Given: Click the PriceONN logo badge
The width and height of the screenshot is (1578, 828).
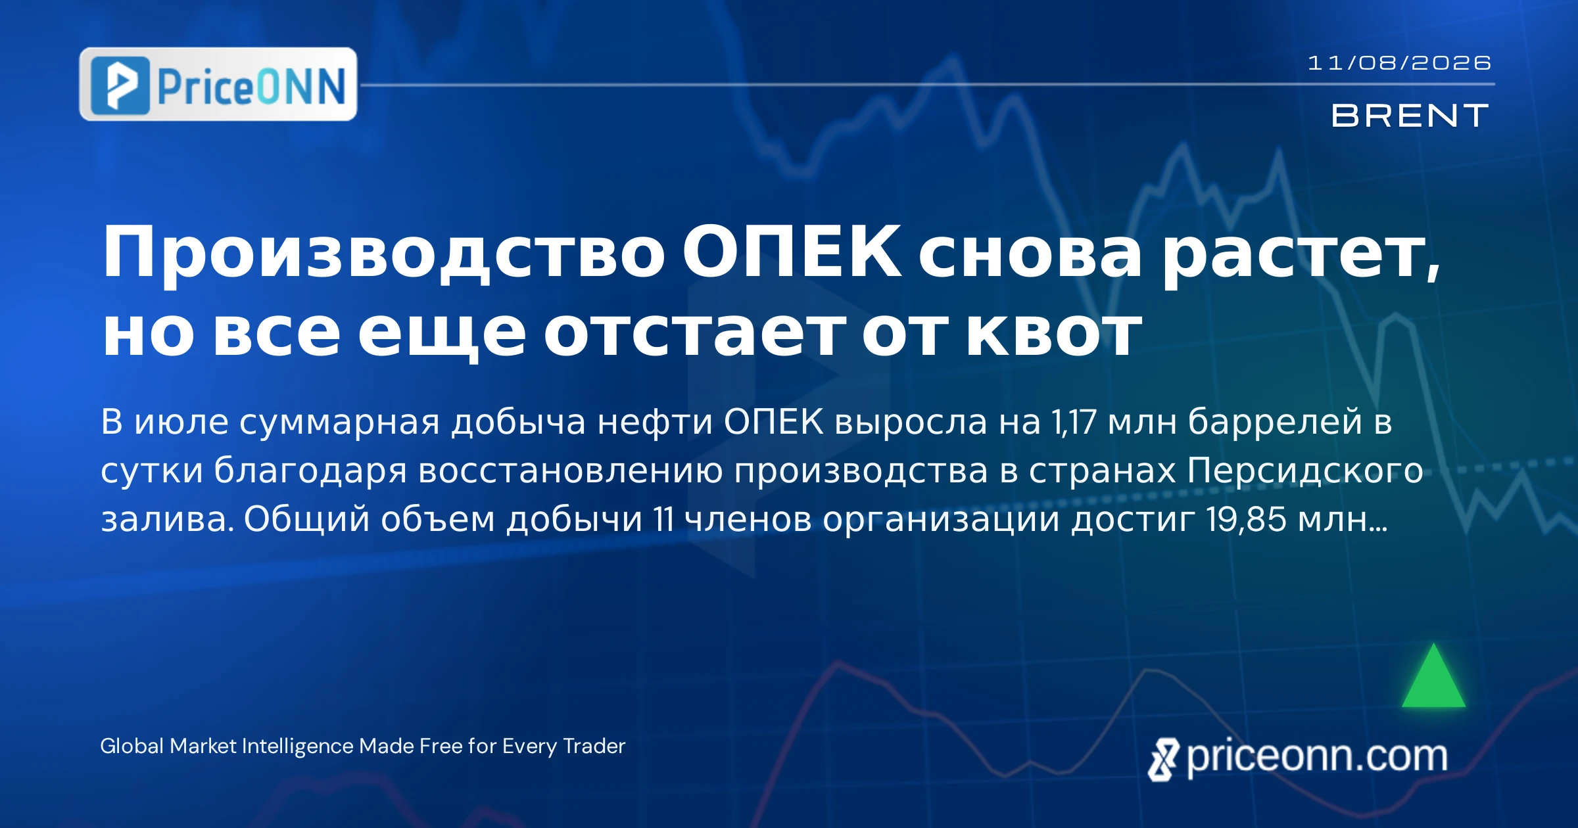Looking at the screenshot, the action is (218, 84).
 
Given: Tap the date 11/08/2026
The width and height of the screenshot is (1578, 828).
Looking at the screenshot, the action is (1399, 63).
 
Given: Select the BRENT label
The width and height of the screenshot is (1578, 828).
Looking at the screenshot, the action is (1410, 116).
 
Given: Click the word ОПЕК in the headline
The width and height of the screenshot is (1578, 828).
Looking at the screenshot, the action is (792, 252).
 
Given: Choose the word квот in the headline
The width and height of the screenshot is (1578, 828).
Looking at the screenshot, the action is (1053, 333).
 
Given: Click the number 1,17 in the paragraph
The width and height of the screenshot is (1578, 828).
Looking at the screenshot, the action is (1074, 421).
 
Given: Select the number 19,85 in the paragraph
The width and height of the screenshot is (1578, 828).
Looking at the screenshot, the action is (1246, 519).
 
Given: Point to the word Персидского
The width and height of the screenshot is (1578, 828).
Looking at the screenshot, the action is (1305, 472).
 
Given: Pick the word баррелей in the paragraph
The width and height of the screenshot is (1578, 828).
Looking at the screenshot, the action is (1275, 421).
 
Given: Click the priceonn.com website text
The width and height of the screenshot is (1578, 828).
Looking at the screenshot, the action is (1317, 756).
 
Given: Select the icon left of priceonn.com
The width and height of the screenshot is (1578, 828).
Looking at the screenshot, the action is (1164, 760).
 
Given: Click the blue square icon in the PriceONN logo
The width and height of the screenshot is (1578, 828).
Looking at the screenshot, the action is (120, 85).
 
